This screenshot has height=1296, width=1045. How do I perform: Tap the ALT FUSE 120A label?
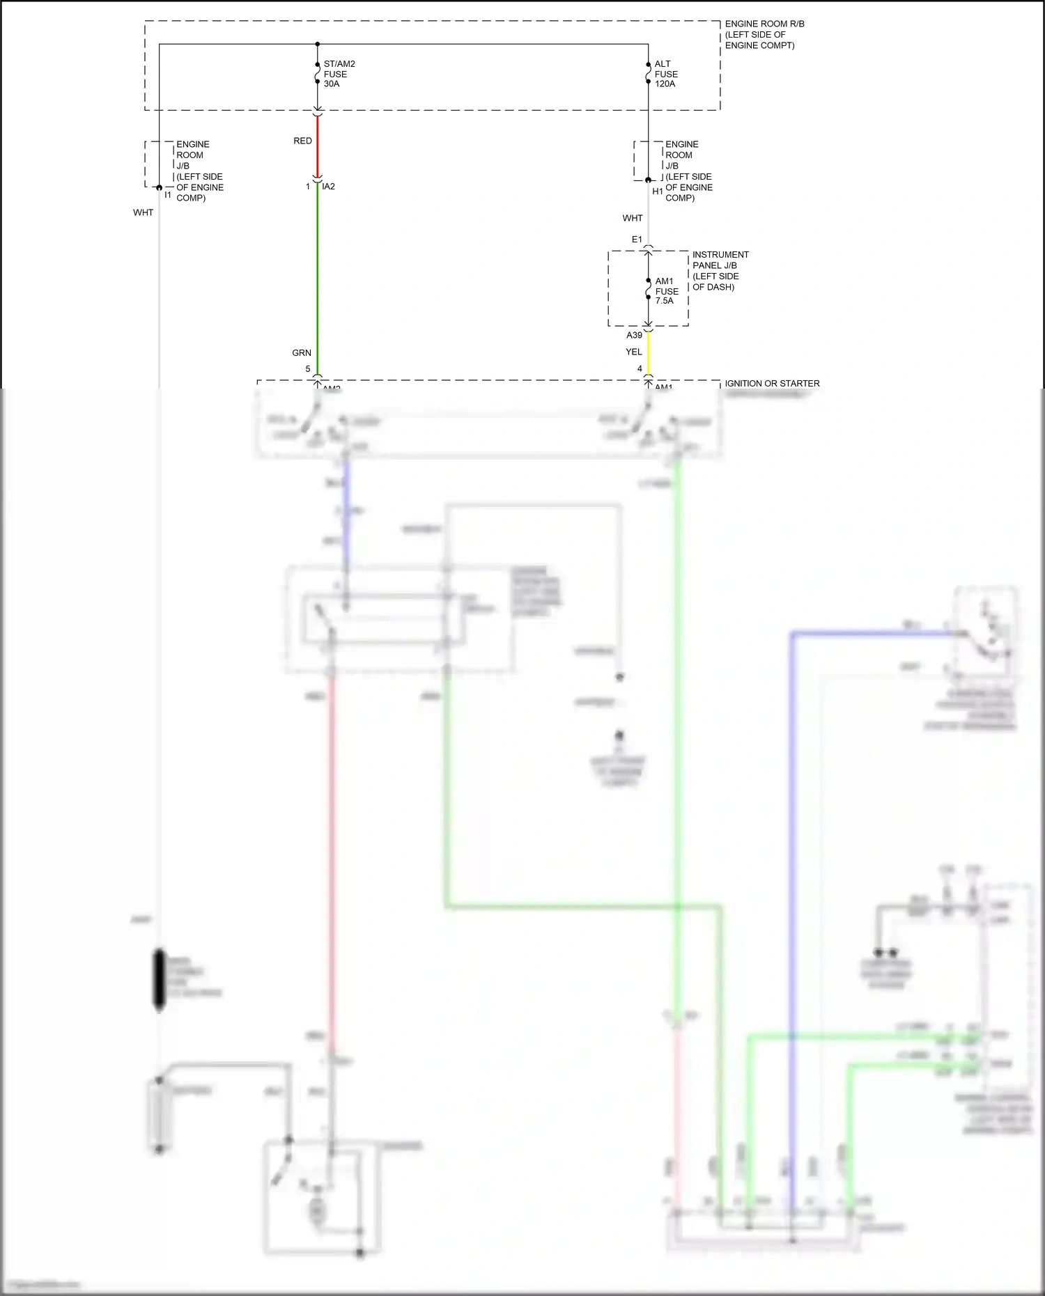pyautogui.click(x=665, y=74)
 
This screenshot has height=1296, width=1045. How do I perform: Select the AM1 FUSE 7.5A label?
pyautogui.click(x=666, y=291)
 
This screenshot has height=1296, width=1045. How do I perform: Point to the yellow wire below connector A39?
pyautogui.click(x=649, y=354)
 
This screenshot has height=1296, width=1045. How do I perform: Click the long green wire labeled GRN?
pyautogui.click(x=318, y=279)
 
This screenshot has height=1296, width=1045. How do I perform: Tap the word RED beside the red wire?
pyautogui.click(x=302, y=141)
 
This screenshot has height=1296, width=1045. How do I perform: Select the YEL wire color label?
pyautogui.click(x=633, y=352)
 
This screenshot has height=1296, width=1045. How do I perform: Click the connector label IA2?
pyautogui.click(x=328, y=187)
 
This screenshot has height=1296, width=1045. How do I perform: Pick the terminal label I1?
pyautogui.click(x=168, y=195)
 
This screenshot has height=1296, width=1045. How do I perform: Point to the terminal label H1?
pyautogui.click(x=657, y=192)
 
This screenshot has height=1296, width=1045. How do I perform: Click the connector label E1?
pyautogui.click(x=637, y=240)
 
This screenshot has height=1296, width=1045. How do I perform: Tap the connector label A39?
pyautogui.click(x=634, y=335)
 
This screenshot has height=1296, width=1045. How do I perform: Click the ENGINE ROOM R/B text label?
pyautogui.click(x=764, y=24)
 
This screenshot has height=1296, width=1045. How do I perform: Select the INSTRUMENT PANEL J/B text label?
pyautogui.click(x=720, y=260)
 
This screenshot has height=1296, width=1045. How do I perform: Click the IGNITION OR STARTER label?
pyautogui.click(x=772, y=384)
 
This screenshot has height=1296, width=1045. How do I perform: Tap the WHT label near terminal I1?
pyautogui.click(x=143, y=212)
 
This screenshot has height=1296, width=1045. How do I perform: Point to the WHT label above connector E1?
pyautogui.click(x=632, y=218)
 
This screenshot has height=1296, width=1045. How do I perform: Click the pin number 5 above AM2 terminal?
pyautogui.click(x=308, y=369)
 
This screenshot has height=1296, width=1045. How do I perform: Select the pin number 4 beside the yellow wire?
pyautogui.click(x=639, y=369)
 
